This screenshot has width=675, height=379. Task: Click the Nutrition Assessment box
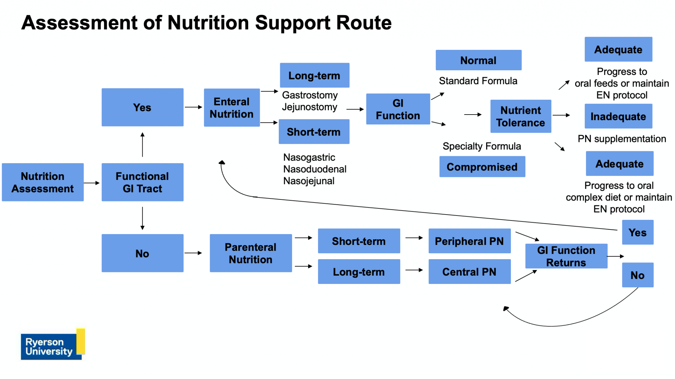coord(43,182)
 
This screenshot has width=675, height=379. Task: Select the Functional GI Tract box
coord(142,182)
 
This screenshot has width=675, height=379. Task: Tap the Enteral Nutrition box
coord(232,108)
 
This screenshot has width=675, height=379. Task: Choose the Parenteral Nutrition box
coord(250,253)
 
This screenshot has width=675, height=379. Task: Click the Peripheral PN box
coord(469,241)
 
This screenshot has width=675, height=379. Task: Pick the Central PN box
coord(469,272)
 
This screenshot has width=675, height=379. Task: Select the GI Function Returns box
coord(566,256)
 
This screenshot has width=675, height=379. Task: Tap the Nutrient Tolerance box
coord(520,116)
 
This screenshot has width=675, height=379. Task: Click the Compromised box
coord(482,167)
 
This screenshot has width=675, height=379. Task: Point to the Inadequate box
coord(618,116)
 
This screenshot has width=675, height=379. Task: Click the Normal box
coord(478,60)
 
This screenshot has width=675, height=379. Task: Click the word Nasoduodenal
coord(315,169)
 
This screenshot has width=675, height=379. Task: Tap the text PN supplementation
coord(622,139)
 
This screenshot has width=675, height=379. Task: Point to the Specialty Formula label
coord(482,146)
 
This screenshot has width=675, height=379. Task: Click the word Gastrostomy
coord(310,95)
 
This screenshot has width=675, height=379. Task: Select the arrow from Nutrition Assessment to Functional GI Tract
coord(92,183)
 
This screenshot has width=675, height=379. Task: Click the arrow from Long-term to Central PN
coord(414,270)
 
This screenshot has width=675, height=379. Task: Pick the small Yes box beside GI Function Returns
coord(637,232)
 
